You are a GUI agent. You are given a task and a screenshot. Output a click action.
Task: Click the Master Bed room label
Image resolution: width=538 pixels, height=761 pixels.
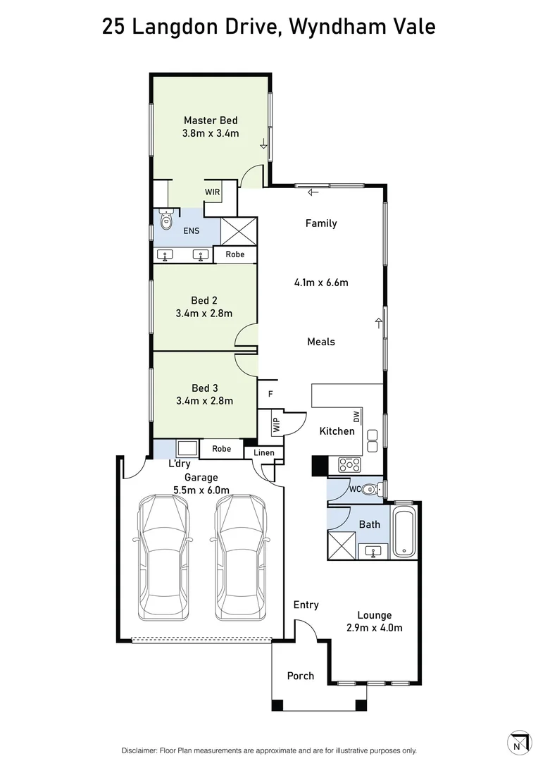[x=211, y=120]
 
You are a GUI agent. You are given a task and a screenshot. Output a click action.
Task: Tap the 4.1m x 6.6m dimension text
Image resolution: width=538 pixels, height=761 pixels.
[x=321, y=283]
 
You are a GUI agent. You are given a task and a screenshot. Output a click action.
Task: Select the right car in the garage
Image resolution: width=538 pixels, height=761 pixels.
[x=242, y=556]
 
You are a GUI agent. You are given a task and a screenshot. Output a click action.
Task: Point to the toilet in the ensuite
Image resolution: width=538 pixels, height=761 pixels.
[x=166, y=221]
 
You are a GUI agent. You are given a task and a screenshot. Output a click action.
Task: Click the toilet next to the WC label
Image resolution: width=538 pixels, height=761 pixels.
[x=373, y=488]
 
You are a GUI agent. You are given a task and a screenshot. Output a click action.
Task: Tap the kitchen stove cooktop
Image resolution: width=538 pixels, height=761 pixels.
[x=350, y=464]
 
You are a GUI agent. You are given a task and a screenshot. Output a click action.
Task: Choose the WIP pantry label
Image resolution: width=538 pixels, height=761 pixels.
[x=276, y=425]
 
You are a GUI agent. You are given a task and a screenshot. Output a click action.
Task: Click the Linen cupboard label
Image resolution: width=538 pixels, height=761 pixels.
[x=264, y=452]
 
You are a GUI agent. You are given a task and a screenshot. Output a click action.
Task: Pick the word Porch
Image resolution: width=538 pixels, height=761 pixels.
[x=301, y=676]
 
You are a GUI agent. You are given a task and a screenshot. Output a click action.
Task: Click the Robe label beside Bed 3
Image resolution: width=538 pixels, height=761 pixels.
[x=221, y=448]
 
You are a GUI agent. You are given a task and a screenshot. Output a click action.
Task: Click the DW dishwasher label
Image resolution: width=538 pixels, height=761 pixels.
[x=357, y=416]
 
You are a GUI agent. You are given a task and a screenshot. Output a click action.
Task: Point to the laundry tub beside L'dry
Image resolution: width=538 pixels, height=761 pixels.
[x=187, y=448]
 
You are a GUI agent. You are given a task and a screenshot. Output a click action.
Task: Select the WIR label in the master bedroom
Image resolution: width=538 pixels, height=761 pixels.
[x=212, y=192]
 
